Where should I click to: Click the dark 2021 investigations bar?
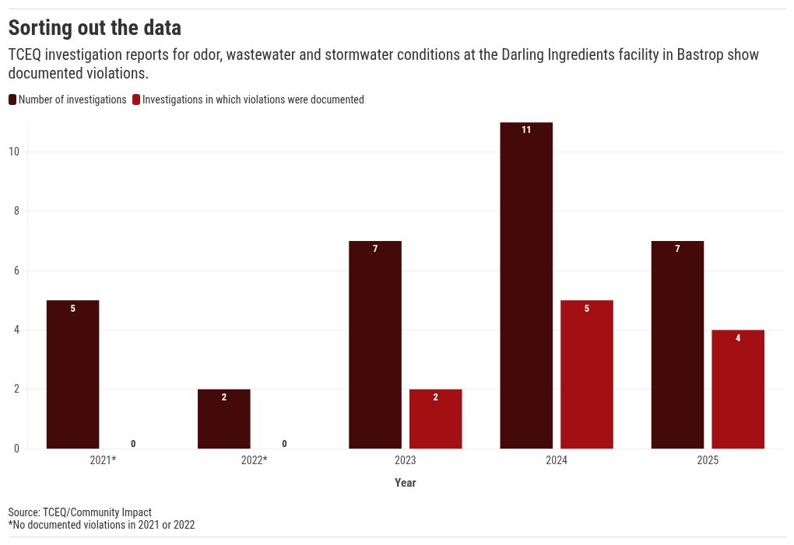coord(72,374)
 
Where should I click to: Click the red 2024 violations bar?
coord(587,374)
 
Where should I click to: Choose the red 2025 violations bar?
coord(738,389)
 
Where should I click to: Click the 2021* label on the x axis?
coord(103,460)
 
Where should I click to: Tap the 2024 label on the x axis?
coord(557,460)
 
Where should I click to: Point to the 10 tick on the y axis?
coord(13,152)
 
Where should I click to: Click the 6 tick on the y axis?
coord(16,271)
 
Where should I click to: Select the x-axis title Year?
coord(406,483)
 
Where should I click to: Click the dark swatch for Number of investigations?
coord(12,100)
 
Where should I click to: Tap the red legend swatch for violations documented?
coord(136,100)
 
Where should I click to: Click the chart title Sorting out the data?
coord(94,28)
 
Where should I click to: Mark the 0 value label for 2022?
coord(284,444)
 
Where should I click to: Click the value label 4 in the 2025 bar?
coord(738,338)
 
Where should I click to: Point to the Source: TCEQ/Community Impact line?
coord(79,512)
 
